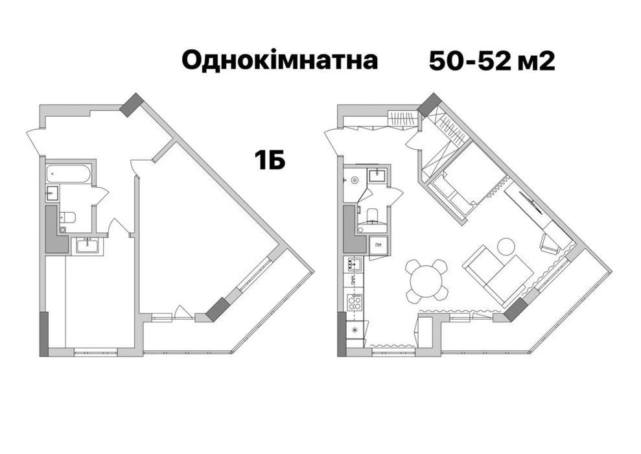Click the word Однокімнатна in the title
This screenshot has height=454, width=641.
pos(279,60)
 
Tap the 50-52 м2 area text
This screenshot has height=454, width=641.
pos(491,60)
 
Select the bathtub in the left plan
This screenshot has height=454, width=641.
pos(68,174)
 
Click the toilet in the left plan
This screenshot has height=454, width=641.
pos(67,217)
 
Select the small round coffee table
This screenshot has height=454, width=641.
pos(506,246)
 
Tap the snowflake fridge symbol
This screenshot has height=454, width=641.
pos(354,329)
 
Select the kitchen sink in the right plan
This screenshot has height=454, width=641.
pos(355,264)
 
